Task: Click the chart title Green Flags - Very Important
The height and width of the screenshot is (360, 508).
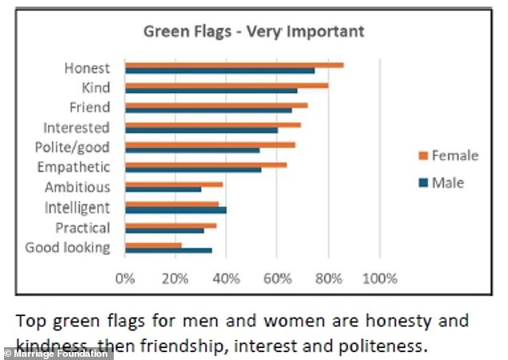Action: tap(253, 32)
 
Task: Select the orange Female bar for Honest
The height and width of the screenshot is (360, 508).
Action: tap(234, 65)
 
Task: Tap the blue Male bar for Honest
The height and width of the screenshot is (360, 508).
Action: tap(220, 71)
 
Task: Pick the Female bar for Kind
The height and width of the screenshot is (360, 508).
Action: tap(227, 85)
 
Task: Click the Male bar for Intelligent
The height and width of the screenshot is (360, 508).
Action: tap(175, 210)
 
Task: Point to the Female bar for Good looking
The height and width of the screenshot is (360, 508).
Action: tap(153, 245)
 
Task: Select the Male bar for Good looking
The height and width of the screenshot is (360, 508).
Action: tap(168, 250)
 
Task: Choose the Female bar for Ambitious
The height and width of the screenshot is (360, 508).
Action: tap(174, 184)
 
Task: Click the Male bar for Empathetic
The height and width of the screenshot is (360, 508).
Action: tap(193, 170)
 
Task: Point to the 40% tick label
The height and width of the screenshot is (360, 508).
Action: tap(226, 279)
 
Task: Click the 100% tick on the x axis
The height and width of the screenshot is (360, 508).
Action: tap(381, 279)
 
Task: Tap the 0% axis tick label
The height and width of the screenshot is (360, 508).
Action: tap(125, 279)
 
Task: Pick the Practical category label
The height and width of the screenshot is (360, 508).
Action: tap(83, 228)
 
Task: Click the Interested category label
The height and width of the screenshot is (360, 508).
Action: tap(76, 127)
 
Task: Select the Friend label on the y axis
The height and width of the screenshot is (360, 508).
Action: tap(90, 107)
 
